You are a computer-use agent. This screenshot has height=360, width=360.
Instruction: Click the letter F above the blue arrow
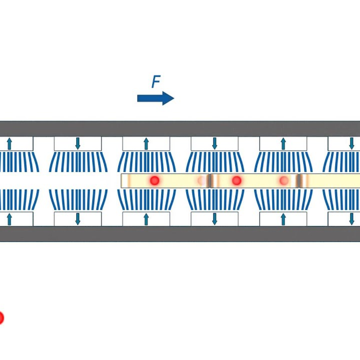[156, 82]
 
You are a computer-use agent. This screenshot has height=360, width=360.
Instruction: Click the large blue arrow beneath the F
[156, 98]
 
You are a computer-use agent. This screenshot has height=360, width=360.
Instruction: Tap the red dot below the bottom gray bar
[1, 318]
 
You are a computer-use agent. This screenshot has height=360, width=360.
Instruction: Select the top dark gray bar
[180, 129]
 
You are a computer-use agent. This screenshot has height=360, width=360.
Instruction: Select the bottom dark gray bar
[180, 234]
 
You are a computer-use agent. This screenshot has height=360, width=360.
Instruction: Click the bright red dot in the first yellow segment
[155, 180]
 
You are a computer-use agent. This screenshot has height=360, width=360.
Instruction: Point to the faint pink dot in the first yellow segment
[201, 180]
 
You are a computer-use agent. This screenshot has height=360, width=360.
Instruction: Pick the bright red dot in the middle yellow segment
[237, 180]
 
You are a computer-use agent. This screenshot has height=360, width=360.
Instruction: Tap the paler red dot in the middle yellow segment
[284, 180]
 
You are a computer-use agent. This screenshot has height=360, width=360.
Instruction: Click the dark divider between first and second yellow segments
[210, 180]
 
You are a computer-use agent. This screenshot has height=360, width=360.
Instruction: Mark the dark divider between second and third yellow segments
[299, 180]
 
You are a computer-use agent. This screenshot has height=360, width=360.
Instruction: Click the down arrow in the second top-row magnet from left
[78, 144]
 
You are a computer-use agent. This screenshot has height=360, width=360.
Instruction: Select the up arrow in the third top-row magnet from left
[146, 144]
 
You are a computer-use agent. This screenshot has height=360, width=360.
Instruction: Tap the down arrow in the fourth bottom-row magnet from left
[215, 219]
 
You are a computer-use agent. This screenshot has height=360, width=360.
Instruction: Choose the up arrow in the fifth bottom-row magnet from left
[283, 219]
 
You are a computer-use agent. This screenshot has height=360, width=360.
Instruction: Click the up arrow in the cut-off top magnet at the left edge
[9, 144]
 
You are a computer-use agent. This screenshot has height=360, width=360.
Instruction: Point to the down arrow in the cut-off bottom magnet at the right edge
[351, 219]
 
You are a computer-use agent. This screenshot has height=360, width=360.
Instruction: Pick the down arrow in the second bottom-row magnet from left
[78, 219]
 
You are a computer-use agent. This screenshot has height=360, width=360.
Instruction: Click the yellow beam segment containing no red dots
[330, 180]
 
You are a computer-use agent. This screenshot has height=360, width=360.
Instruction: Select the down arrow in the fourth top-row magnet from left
[215, 144]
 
